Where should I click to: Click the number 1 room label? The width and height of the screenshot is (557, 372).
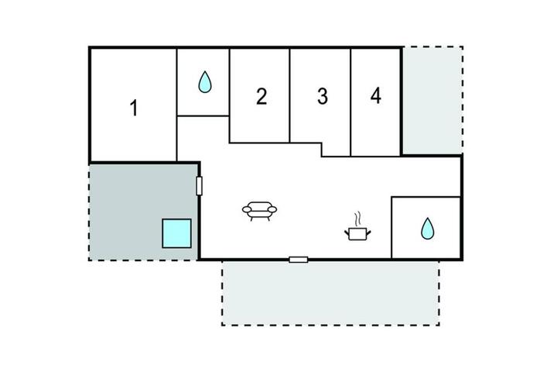[x=134, y=108]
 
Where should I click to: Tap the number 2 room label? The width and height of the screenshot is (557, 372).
[x=261, y=96]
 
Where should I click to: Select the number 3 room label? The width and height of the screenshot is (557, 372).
[x=322, y=96]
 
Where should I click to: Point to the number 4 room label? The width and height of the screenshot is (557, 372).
[x=376, y=95]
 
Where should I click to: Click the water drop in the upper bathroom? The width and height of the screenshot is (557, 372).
[x=205, y=82]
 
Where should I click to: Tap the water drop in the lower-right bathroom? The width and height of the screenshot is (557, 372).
[x=427, y=229]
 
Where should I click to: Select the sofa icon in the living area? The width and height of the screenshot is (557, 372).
[x=259, y=211]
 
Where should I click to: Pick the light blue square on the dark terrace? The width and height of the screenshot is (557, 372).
[x=177, y=233]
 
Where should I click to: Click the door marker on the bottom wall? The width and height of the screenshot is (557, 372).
[x=299, y=260]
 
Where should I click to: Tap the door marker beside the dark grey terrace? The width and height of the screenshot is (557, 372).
[x=200, y=186]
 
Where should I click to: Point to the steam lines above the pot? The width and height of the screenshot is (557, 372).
[x=357, y=219]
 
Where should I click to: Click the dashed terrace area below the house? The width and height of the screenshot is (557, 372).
[x=331, y=293]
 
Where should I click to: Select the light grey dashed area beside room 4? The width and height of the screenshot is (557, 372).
[x=432, y=101]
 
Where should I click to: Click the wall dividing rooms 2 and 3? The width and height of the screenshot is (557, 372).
[x=290, y=95]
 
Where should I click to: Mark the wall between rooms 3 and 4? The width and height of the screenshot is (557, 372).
[x=350, y=102]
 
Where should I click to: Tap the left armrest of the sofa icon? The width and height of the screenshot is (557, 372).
[x=247, y=210]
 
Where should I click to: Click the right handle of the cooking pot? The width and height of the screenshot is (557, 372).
[x=368, y=232]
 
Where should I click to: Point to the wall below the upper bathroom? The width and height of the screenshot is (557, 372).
[x=203, y=115]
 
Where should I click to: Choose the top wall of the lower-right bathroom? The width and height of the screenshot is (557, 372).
[x=426, y=197]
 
